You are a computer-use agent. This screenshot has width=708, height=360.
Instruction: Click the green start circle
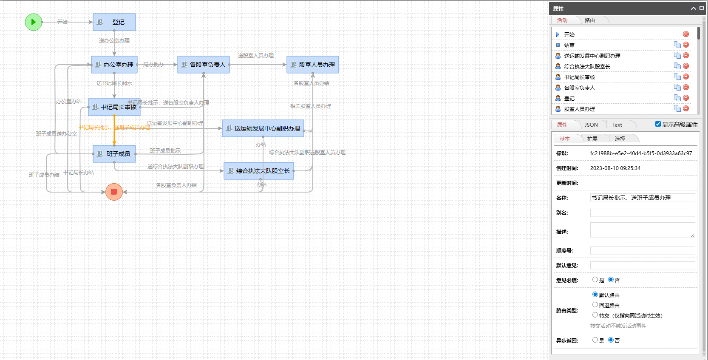click(33, 22)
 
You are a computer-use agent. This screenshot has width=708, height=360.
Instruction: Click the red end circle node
click(114, 192)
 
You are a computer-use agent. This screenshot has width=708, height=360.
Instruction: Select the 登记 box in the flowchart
click(114, 22)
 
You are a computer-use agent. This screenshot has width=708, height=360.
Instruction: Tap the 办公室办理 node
click(114, 65)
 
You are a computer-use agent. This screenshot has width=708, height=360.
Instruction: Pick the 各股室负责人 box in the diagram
click(203, 65)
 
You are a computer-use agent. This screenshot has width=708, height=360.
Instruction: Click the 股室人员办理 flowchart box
click(312, 65)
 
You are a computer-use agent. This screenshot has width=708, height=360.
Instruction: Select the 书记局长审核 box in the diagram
click(114, 107)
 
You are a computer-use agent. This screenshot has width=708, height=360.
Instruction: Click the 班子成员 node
click(114, 154)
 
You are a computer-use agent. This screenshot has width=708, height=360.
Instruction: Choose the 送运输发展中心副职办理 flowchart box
click(263, 128)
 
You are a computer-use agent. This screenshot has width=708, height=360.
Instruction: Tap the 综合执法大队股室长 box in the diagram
click(258, 171)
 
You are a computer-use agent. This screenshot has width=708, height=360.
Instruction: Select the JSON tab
click(591, 125)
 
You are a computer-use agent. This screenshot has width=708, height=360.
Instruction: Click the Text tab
click(617, 125)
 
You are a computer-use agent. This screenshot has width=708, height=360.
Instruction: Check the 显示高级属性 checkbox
click(658, 124)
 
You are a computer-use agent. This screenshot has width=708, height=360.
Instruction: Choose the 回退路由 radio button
click(595, 305)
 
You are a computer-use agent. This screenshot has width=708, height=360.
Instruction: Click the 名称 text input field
click(642, 198)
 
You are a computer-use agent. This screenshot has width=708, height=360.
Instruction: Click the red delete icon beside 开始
click(686, 34)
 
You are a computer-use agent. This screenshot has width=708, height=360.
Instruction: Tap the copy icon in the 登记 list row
click(677, 98)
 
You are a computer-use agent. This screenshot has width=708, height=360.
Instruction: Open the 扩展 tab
click(592, 139)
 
